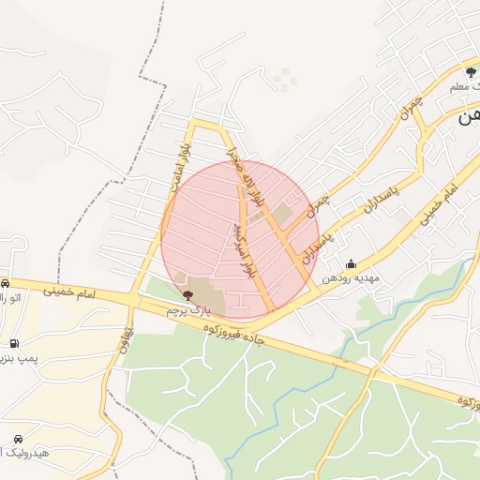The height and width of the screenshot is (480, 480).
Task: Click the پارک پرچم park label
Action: click(185, 307)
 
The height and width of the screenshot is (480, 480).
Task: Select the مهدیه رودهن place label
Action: click(350, 278)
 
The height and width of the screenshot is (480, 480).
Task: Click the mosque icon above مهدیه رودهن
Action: click(351, 265)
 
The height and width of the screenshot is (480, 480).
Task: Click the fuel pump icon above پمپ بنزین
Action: click(13, 344)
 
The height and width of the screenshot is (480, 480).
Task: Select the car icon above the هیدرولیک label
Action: click(19, 439)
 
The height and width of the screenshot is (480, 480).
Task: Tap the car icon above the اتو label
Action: click(6, 284)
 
